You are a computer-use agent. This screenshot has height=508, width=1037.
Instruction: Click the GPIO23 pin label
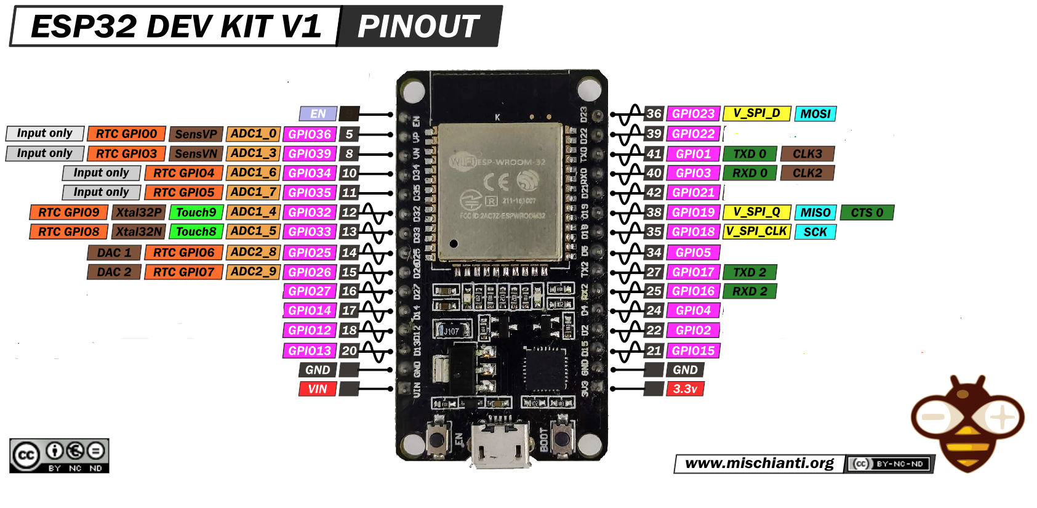click(x=693, y=114)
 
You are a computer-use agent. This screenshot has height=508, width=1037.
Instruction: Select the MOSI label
click(x=815, y=114)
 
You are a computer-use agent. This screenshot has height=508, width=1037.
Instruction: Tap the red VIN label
click(x=318, y=389)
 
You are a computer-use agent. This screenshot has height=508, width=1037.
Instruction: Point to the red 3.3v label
click(x=685, y=389)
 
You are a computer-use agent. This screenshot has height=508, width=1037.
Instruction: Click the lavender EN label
click(x=318, y=114)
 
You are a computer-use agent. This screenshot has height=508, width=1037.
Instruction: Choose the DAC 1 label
click(x=114, y=252)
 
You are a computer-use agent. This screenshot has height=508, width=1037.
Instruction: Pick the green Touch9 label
click(x=196, y=212)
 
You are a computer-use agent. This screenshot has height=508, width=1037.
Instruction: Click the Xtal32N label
click(x=139, y=232)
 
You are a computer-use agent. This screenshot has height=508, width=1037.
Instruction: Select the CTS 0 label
click(x=867, y=212)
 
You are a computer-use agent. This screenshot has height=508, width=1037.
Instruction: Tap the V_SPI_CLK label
click(x=756, y=232)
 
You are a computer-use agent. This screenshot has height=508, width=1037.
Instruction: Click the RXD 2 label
click(x=750, y=291)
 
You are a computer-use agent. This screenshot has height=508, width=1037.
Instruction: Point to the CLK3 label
click(x=807, y=154)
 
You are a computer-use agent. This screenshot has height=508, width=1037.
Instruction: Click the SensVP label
click(x=196, y=134)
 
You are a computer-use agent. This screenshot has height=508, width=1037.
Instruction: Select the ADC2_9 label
click(x=253, y=272)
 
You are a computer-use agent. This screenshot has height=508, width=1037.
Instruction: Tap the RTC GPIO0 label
click(x=126, y=134)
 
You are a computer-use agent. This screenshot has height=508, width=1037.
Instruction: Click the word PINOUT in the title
click(x=418, y=26)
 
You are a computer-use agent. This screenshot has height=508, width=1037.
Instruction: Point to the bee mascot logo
click(x=967, y=424)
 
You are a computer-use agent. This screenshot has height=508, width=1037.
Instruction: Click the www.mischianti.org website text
click(x=759, y=464)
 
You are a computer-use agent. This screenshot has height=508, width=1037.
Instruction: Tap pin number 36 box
click(x=654, y=114)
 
